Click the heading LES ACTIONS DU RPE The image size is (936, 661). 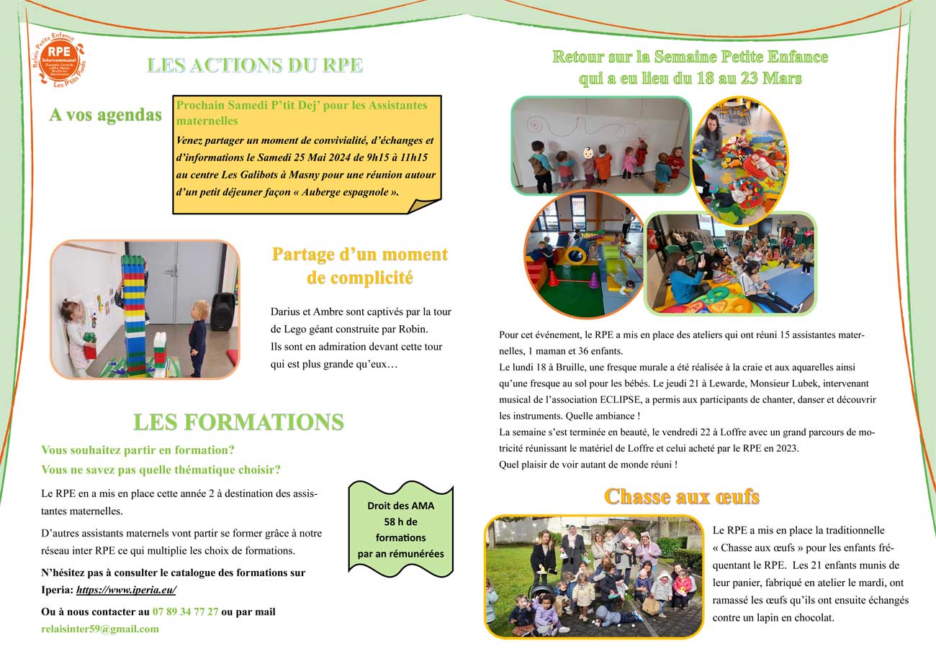[x=255, y=65]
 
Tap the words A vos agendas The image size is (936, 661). [x=105, y=115]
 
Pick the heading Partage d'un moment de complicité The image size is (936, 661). [x=359, y=265]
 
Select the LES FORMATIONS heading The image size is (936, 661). [x=238, y=422]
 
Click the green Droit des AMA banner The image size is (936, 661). [x=400, y=529]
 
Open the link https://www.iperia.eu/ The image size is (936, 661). [x=126, y=590]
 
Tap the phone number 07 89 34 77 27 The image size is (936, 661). [x=185, y=611]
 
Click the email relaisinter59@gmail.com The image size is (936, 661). [x=100, y=629]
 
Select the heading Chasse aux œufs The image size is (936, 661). [x=681, y=496]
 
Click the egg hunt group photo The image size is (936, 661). [x=593, y=576]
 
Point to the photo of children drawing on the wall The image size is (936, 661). [x=600, y=145]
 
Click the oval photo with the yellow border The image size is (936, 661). [x=739, y=160]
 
